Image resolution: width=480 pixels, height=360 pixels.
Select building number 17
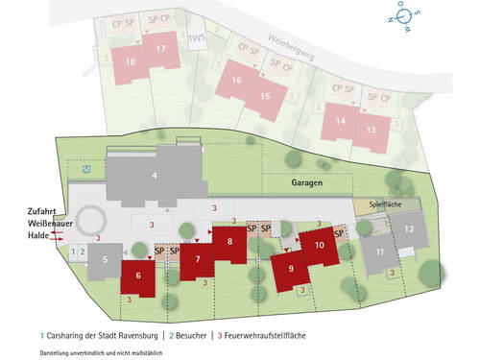(x=160, y=50)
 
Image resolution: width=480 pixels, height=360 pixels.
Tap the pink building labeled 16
(x=236, y=81)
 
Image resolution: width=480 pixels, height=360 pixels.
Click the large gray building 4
(x=154, y=177)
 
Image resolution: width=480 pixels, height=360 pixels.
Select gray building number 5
(x=105, y=259)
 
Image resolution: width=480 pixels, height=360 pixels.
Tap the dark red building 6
(x=139, y=276)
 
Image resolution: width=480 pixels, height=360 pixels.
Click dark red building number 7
(x=197, y=259)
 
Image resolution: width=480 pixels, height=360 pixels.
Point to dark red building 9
(x=292, y=269)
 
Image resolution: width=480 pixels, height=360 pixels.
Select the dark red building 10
(x=320, y=246)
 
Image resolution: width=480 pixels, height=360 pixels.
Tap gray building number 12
(x=409, y=229)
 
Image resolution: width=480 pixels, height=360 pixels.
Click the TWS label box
(x=197, y=40)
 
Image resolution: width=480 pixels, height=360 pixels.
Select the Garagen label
(x=307, y=181)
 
